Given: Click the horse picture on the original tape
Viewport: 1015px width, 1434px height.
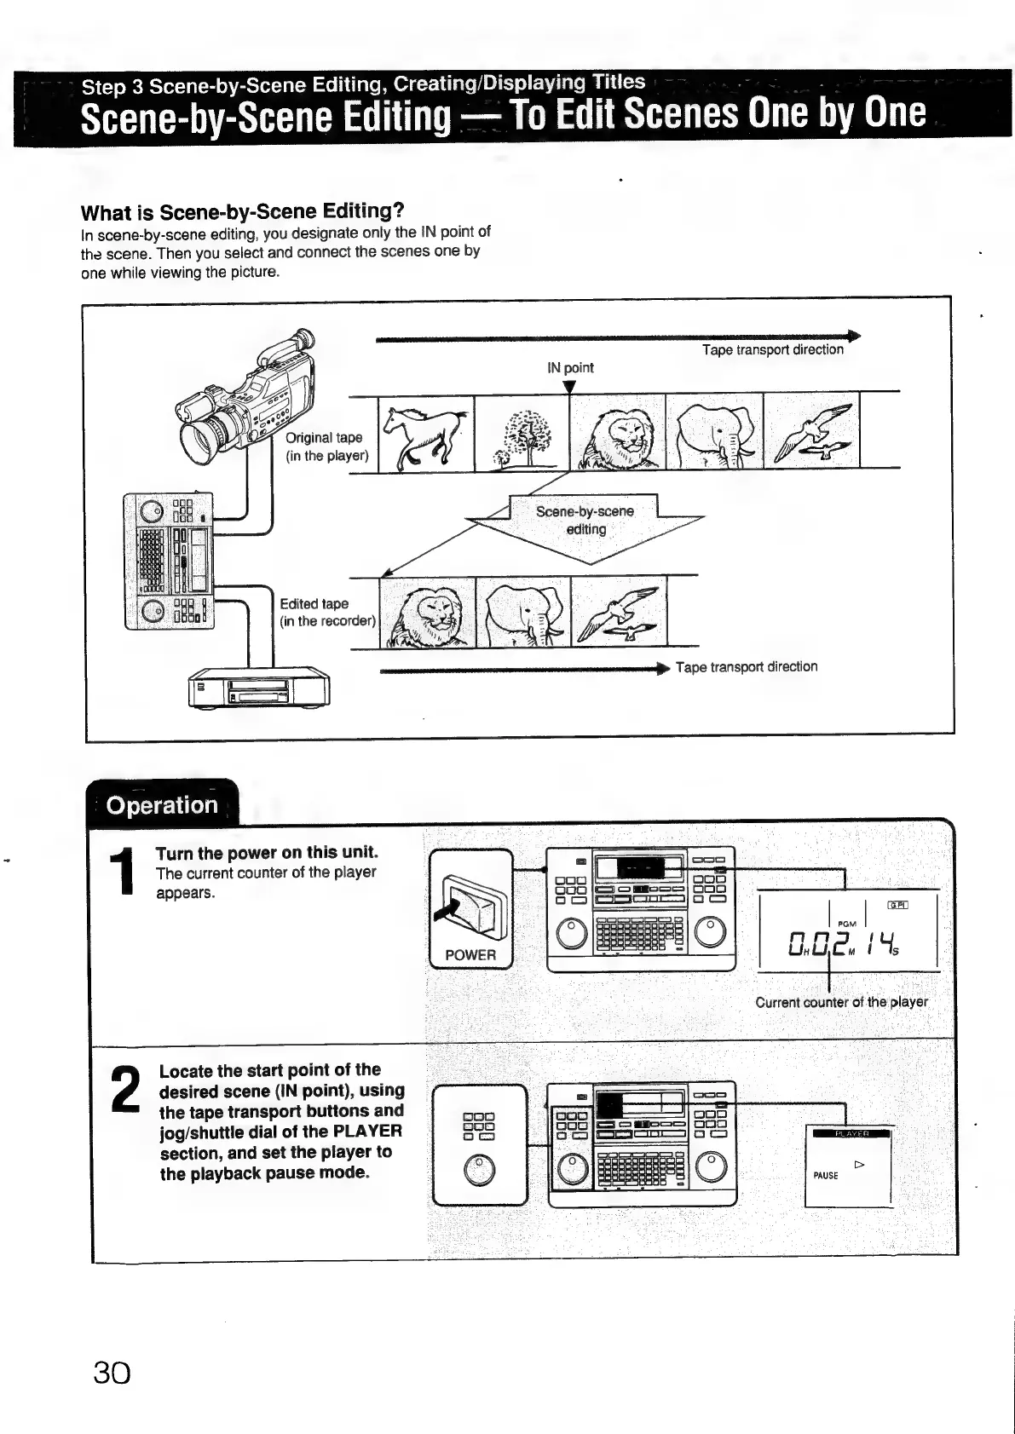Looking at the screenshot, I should (425, 433).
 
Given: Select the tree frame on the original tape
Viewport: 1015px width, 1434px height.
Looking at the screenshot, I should (522, 435).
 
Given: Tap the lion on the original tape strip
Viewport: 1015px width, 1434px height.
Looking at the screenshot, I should (618, 435).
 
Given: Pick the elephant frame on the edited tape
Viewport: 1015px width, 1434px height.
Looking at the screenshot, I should (523, 611).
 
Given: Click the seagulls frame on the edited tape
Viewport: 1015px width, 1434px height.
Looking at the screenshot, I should (619, 611).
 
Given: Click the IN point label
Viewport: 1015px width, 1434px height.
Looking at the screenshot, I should (570, 368).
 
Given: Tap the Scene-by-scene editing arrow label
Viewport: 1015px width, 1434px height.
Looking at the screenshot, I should (585, 520).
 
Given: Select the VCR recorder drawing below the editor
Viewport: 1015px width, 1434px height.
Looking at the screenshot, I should (259, 686).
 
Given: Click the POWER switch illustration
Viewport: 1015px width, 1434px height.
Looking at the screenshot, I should (470, 909).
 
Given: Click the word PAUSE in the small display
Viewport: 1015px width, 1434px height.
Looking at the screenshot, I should (825, 1176).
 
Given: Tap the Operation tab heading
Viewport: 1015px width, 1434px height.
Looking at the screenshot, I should (162, 805).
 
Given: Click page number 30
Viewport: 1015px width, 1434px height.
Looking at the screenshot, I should (112, 1373).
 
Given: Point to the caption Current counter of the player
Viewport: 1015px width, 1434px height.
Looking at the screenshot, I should (841, 1002).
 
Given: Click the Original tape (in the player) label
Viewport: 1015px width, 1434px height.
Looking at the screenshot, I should (326, 446).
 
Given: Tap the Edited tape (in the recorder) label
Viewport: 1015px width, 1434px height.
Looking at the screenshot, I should (327, 612).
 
